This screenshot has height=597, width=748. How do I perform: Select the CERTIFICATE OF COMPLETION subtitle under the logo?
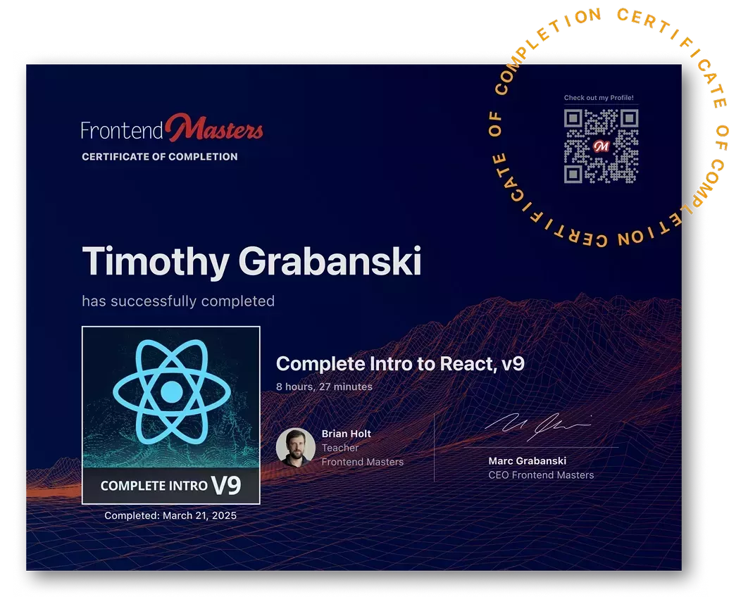click(160, 156)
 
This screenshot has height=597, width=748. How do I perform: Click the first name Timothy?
click(155, 262)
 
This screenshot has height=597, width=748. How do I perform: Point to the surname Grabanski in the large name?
click(330, 262)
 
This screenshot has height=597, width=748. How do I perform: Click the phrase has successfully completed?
click(178, 301)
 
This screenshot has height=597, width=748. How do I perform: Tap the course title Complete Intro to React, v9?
click(400, 364)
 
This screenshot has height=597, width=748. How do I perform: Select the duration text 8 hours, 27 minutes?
click(324, 387)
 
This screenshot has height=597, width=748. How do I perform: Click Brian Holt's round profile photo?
click(295, 447)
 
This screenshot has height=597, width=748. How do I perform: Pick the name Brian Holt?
click(346, 434)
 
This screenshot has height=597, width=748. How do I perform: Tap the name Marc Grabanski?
click(527, 461)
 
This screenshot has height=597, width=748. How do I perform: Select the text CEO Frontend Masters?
click(541, 475)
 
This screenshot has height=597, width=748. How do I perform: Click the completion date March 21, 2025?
click(199, 515)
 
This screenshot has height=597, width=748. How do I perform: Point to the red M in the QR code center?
click(601, 146)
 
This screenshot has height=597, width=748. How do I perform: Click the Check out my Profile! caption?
click(599, 98)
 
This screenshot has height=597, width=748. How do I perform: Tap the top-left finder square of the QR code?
click(573, 118)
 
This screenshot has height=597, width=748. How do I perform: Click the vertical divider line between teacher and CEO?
click(434, 447)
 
